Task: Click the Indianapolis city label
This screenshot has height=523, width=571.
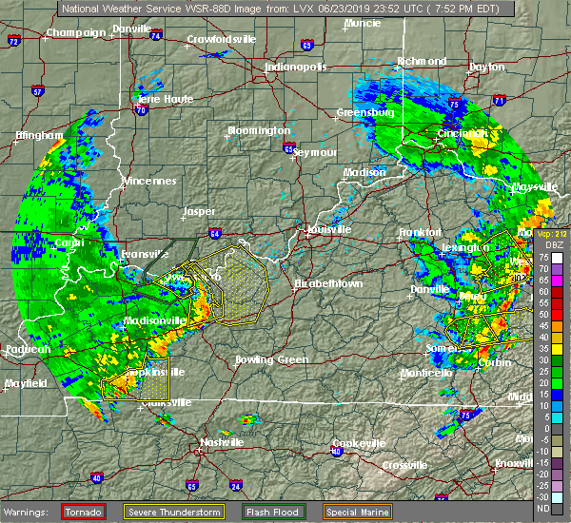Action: tap(296, 68)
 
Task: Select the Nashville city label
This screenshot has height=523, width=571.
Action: tap(221, 442)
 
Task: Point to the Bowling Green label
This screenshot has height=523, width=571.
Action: tap(272, 359)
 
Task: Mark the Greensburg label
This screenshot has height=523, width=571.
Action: tap(365, 112)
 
